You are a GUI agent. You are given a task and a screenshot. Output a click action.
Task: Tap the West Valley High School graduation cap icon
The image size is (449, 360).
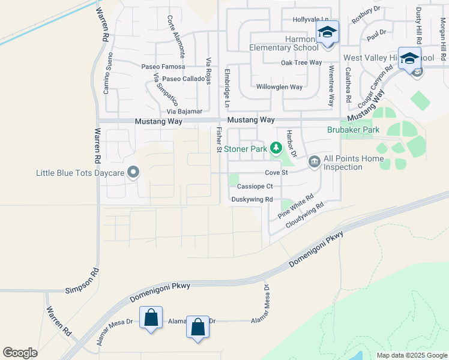410,58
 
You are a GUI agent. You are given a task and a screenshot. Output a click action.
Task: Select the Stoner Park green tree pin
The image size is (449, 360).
276,148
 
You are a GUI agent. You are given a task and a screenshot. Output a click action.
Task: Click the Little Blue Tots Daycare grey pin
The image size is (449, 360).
134,173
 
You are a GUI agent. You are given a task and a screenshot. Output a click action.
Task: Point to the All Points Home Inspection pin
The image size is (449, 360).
314,162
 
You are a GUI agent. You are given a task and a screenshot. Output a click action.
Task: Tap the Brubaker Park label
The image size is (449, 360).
353,130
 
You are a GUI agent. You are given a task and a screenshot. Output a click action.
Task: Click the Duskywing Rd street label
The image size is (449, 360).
252,199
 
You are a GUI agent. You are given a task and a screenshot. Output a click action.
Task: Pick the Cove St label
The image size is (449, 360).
277,173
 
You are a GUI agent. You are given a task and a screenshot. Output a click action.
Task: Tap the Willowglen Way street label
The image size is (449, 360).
279,87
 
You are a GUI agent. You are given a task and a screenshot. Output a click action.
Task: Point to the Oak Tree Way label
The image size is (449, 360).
301,62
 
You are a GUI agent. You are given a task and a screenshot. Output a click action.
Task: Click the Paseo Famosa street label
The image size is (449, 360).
163,67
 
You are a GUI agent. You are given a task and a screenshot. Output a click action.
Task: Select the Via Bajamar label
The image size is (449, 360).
184,112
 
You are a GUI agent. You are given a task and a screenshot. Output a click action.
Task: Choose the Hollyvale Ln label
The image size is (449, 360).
310,20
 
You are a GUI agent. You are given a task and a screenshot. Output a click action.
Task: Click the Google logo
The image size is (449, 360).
20,353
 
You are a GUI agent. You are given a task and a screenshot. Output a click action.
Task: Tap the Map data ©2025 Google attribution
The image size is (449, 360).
411,355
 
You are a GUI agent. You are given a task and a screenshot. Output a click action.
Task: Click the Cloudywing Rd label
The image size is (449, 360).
305,214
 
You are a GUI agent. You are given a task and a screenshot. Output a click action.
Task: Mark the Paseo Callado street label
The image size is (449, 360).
183,79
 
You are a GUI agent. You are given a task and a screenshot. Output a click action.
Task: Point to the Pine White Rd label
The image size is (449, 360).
296,206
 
